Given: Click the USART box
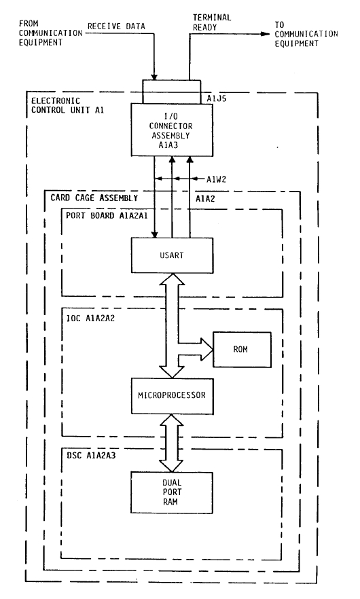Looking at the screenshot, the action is [x=172, y=255].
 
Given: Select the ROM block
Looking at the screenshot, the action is [x=242, y=350].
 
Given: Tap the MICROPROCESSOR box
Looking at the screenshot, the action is [x=172, y=396].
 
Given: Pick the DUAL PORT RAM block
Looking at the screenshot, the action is [x=172, y=492].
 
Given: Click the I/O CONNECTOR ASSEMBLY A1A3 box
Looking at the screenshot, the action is [x=172, y=129].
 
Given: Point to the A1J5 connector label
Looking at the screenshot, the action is [x=217, y=98].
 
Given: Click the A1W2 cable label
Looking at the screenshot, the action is [x=216, y=179].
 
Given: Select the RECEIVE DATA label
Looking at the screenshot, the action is [x=116, y=26].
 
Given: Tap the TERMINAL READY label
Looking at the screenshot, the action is [x=212, y=22].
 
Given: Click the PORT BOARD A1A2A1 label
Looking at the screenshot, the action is [x=107, y=215].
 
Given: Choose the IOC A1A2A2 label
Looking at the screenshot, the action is [x=90, y=318].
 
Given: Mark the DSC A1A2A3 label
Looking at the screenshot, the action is [x=91, y=455].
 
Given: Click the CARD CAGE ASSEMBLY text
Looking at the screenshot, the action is [x=94, y=198].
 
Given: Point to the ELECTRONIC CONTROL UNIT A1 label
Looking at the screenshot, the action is [x=67, y=105].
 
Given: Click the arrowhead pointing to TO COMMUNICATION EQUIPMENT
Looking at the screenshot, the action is [x=265, y=34].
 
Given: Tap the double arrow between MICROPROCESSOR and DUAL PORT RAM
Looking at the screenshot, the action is [x=172, y=443].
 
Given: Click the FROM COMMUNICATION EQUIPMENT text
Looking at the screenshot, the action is [x=50, y=33].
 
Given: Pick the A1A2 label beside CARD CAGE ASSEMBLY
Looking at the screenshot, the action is [x=205, y=198].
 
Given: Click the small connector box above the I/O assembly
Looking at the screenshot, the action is [x=172, y=92].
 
